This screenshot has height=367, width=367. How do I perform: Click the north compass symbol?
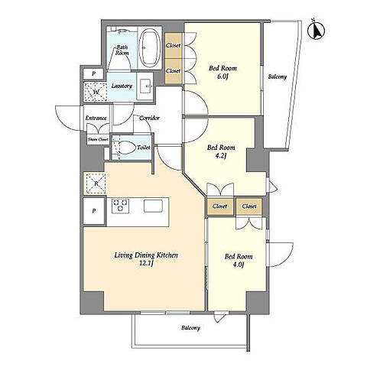click(x=317, y=30)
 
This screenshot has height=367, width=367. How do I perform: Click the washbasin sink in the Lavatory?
click(x=145, y=86)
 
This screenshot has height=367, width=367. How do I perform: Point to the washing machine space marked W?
click(x=96, y=92)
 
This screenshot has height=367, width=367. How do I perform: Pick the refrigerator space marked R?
click(x=96, y=183)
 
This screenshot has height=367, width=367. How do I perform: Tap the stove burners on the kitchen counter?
click(x=120, y=206)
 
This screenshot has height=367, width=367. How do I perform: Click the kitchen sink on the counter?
click(x=153, y=206)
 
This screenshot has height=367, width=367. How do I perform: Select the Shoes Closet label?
click(x=98, y=139)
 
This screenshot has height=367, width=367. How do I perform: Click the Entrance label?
click(x=96, y=118)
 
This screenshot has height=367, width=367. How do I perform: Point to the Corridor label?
click(x=150, y=118)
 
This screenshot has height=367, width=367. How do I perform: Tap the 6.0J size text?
click(x=222, y=76)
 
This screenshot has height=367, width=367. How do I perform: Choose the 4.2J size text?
click(x=221, y=156)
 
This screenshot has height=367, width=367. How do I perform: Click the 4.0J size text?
click(x=239, y=265)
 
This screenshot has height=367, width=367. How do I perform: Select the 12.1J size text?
click(x=146, y=264)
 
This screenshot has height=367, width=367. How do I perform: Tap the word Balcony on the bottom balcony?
click(x=190, y=328)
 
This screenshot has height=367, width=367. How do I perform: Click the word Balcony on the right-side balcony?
click(x=278, y=76)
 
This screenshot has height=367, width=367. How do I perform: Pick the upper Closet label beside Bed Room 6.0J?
click(x=173, y=45)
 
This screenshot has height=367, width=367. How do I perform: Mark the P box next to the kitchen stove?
click(x=94, y=211)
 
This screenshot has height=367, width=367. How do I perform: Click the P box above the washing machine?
click(x=93, y=74)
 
